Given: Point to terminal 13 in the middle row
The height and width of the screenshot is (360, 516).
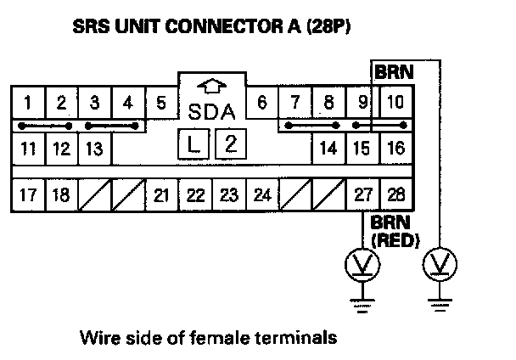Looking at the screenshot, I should pyautogui.click(x=94, y=149).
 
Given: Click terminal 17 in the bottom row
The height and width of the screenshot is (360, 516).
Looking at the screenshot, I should pyautogui.click(x=28, y=194).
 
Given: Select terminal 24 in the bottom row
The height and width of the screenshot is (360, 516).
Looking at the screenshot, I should pyautogui.click(x=262, y=194).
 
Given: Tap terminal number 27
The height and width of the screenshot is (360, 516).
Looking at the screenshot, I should pyautogui.click(x=362, y=194).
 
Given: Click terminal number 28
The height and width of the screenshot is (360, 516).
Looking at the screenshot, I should pyautogui.click(x=395, y=194).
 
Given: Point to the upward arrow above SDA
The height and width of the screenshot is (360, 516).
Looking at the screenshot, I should pyautogui.click(x=211, y=86).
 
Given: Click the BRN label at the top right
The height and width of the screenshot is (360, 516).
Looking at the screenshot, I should pyautogui.click(x=394, y=73).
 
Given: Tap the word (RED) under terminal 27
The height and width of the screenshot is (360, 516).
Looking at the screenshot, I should pyautogui.click(x=394, y=240).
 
